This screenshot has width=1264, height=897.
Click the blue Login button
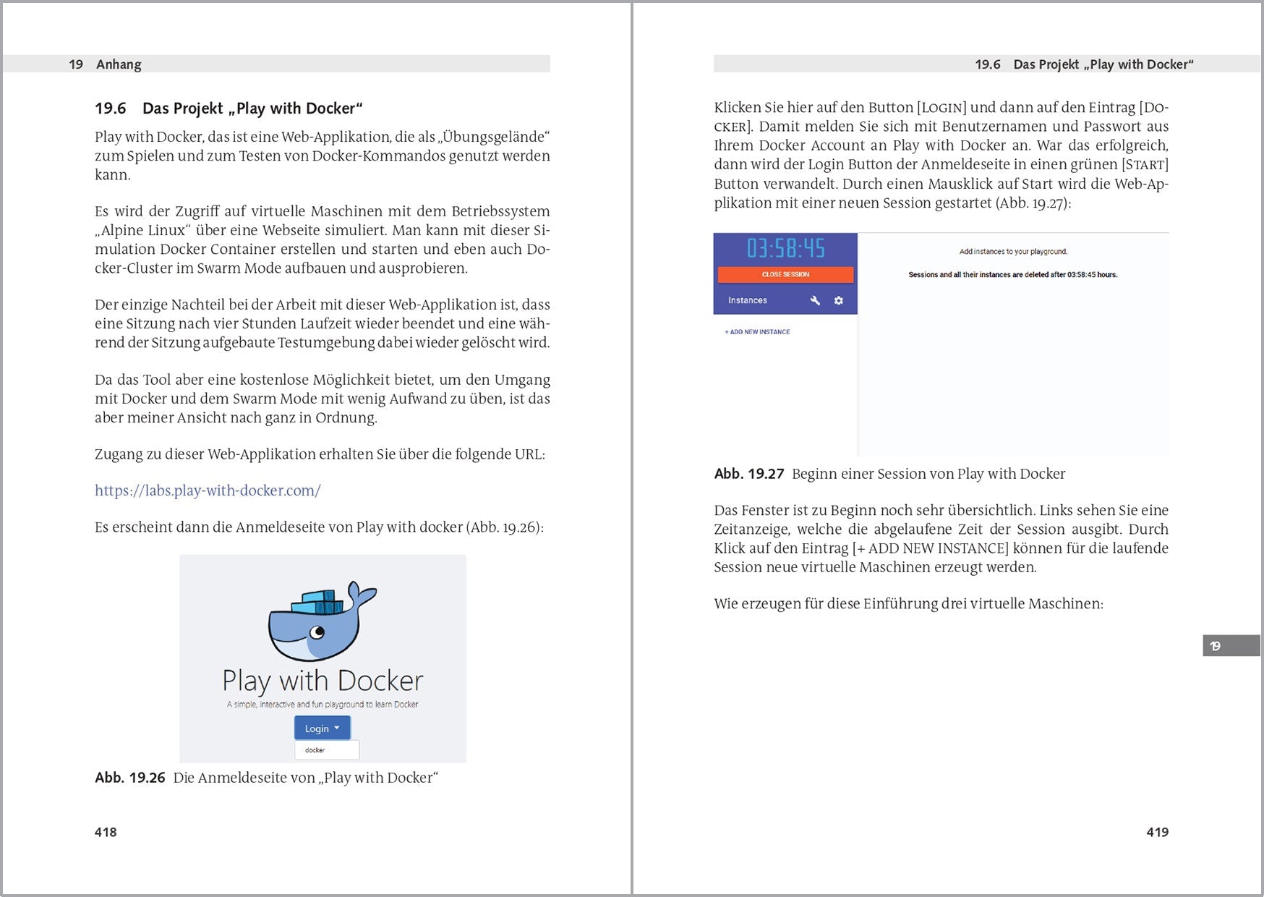[x=322, y=728]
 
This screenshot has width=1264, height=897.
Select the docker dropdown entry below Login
[x=326, y=750]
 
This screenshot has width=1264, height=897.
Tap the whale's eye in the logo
[x=317, y=633]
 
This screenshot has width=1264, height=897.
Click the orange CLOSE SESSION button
[x=785, y=275]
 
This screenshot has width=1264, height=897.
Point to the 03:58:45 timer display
[x=785, y=249]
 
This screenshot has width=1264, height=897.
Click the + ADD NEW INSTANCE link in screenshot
[x=757, y=332]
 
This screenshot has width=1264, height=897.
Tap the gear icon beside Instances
[x=839, y=300]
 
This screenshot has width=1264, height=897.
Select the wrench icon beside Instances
[x=815, y=300]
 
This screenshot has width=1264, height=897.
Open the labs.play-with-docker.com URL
[x=208, y=490]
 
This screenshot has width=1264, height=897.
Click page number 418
[x=106, y=832]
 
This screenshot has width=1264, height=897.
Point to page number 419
[x=1157, y=832]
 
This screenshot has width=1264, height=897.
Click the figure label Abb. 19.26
[x=130, y=778]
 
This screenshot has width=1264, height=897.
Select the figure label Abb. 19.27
[x=749, y=474]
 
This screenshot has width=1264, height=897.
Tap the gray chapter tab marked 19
[x=1230, y=645]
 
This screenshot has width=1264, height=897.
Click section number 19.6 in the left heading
[x=111, y=109]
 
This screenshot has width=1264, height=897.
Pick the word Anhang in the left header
[x=119, y=64]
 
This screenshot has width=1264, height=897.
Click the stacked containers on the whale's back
[x=319, y=601]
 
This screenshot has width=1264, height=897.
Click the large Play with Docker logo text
[x=323, y=681]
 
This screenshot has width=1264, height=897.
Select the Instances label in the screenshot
[x=748, y=300]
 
